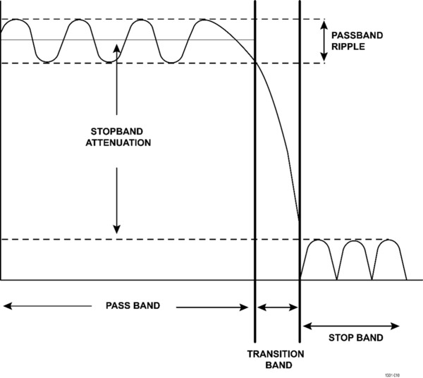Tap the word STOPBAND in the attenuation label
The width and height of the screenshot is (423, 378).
[117, 131]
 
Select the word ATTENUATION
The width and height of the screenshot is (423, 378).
[117, 142]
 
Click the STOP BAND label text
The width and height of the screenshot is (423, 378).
[356, 338]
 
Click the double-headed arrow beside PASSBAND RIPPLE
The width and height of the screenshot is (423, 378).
[324, 41]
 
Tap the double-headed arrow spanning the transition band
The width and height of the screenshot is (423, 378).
[277, 307]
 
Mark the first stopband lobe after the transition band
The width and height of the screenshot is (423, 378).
[319, 258]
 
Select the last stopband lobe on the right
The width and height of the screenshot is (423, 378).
[390, 258]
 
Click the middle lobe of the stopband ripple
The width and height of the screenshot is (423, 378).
[355, 258]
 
